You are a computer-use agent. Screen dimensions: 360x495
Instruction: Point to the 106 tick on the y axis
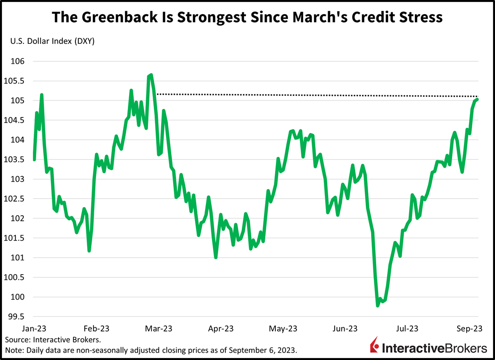18,61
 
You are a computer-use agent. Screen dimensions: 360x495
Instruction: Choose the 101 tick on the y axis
18,258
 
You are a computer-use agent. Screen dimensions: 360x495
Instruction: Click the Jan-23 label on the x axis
34,328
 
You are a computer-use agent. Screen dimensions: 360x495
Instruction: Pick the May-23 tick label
284,328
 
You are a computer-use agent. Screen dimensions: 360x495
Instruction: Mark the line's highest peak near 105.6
151,75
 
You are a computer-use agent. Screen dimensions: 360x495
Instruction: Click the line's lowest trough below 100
378,306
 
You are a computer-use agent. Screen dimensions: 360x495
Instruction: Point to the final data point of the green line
478,99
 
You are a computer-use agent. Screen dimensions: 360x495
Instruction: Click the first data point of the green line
34,160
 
